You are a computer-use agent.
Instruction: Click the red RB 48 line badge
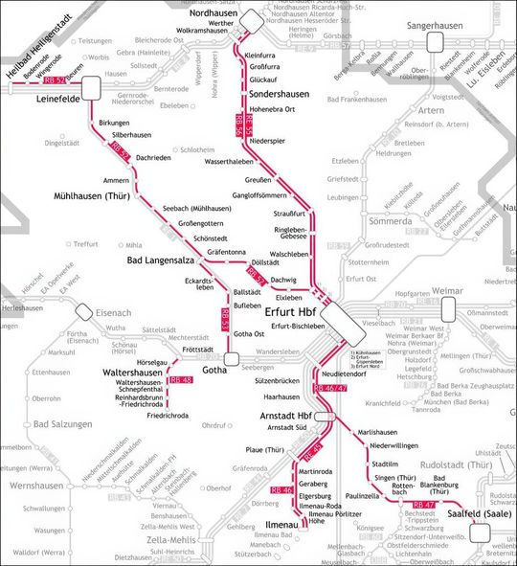coord(180,381)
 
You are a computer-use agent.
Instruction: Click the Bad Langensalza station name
coord(168,260)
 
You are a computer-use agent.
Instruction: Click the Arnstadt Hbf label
coord(286,417)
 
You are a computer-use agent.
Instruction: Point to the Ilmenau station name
coord(282,525)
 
